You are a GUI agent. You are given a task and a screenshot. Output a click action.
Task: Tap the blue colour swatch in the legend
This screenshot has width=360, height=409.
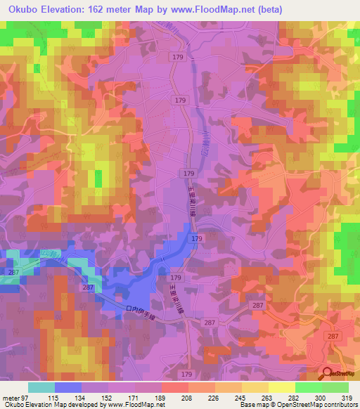[x=67, y=387]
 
